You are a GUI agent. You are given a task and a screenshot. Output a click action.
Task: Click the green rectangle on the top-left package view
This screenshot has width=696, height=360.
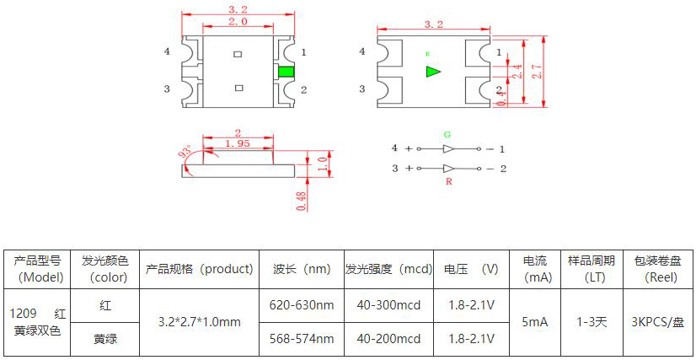tap(286, 72)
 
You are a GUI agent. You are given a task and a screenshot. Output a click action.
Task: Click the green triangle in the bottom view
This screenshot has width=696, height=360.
tap(433, 72)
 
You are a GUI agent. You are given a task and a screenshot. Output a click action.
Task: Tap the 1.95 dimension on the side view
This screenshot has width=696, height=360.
tap(238, 144)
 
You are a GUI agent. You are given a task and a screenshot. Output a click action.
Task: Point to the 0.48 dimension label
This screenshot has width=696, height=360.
tap(302, 200)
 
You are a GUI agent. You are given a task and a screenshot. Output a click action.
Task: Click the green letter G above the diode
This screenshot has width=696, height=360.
tap(447, 134)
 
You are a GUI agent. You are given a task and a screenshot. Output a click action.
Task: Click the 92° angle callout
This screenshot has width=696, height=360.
tap(185, 153)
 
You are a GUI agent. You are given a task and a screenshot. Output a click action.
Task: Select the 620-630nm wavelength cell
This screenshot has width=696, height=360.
tap(301, 304)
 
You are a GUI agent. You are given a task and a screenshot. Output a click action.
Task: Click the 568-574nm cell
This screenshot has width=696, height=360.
tap(301, 339)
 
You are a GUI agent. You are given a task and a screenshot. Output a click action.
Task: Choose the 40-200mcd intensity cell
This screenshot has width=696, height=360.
tap(388, 339)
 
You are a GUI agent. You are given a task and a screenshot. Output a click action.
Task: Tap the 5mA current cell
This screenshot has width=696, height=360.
tap(537, 321)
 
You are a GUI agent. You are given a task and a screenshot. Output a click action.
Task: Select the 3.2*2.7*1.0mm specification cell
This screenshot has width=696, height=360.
tap(200, 321)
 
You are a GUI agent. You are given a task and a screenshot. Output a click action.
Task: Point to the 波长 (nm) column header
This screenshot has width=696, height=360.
tap(301, 269)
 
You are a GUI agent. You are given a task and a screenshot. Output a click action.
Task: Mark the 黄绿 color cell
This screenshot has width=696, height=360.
tap(104, 339)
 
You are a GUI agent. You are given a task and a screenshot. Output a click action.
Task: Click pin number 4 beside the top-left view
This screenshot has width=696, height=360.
tap(167, 51)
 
